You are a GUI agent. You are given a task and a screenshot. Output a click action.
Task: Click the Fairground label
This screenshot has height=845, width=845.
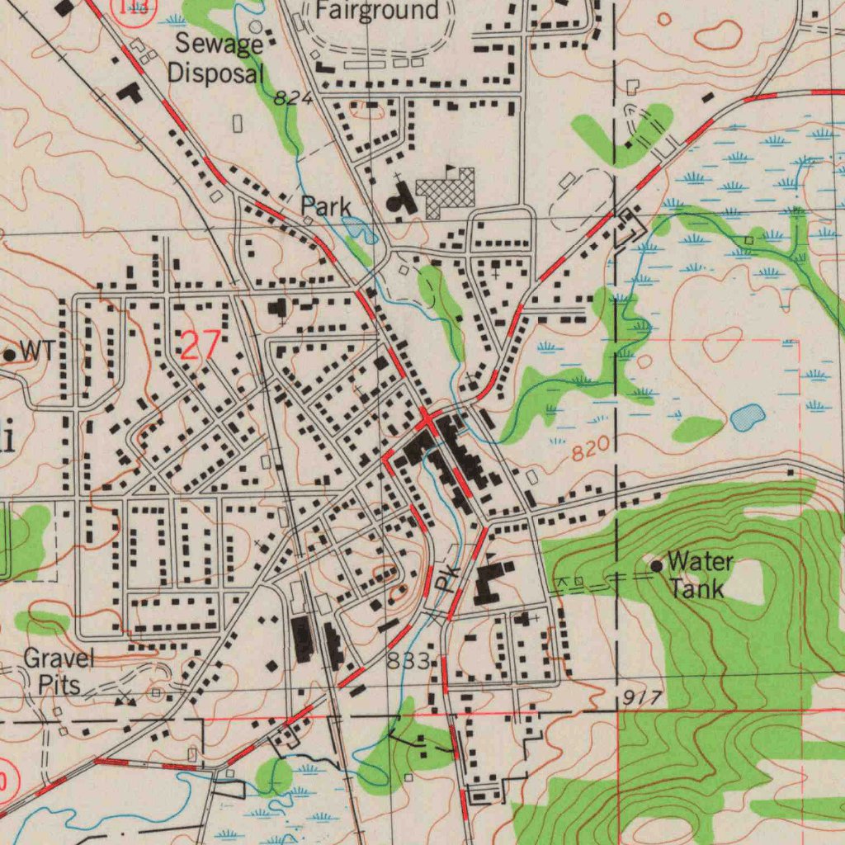(377, 11)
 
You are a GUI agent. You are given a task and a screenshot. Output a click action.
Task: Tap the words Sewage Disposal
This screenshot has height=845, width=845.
(216, 59)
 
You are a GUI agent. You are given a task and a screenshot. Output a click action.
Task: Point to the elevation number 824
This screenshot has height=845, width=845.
(293, 98)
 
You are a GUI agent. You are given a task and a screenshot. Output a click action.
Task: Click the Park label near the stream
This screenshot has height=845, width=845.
(325, 206)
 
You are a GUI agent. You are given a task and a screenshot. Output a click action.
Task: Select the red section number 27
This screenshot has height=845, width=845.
(200, 345)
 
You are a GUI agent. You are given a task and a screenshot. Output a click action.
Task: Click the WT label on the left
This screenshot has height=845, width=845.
(37, 351)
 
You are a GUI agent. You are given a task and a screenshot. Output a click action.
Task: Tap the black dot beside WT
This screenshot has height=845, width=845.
(10, 355)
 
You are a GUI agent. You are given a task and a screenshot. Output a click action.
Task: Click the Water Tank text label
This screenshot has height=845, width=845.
(699, 575)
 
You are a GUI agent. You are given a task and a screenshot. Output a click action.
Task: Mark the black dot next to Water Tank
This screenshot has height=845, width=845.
(657, 566)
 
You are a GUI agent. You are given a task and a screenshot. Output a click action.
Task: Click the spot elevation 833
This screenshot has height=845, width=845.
(408, 661)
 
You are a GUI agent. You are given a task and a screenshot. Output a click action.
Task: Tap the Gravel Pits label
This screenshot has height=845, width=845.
(58, 671)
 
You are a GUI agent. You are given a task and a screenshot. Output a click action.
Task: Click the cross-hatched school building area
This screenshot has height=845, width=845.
(446, 191)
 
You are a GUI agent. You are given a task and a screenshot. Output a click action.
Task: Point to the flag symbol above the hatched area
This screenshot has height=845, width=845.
(450, 169)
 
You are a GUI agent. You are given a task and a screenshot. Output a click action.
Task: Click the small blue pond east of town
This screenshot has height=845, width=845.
(748, 417)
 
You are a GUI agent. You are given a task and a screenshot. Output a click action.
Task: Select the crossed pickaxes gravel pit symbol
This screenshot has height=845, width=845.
(125, 699)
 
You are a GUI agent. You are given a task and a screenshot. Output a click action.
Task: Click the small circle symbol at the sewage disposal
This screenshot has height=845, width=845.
(256, 26)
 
